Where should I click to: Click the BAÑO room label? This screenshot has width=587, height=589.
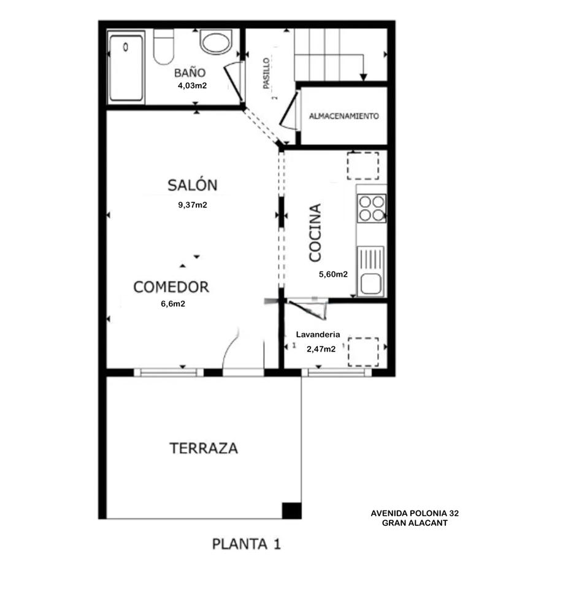pyautogui.click(x=190, y=72)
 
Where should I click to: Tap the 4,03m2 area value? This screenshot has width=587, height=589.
pyautogui.click(x=192, y=86)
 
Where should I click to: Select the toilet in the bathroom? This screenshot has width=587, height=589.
pyautogui.click(x=164, y=47)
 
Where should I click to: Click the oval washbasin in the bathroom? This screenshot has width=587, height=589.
pyautogui.click(x=216, y=42)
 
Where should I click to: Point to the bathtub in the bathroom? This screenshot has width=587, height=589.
pyautogui.click(x=126, y=68)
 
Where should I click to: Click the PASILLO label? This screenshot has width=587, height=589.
pyautogui.click(x=266, y=73)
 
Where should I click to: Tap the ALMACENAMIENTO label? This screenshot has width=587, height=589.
pyautogui.click(x=343, y=116)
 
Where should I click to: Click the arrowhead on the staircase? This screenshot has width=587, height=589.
pyautogui.click(x=363, y=77)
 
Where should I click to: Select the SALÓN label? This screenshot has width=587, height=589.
pyautogui.click(x=192, y=185)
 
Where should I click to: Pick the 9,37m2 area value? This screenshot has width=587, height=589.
pyautogui.click(x=192, y=205)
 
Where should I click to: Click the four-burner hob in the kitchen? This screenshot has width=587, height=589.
pyautogui.click(x=372, y=209)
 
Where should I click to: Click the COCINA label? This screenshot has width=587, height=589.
pyautogui.click(x=315, y=233)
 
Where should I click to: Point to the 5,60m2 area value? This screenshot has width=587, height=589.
pyautogui.click(x=333, y=274)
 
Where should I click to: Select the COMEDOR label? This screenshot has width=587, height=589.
pyautogui.click(x=171, y=287)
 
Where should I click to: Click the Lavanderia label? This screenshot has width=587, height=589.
pyautogui.click(x=318, y=334)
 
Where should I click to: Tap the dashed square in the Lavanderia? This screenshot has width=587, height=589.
pyautogui.click(x=363, y=352)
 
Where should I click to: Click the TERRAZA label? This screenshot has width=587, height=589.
pyautogui.click(x=204, y=448)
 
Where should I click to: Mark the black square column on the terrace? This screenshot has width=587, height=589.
pyautogui.click(x=292, y=510)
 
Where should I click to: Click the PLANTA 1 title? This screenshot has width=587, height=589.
pyautogui.click(x=247, y=544)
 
